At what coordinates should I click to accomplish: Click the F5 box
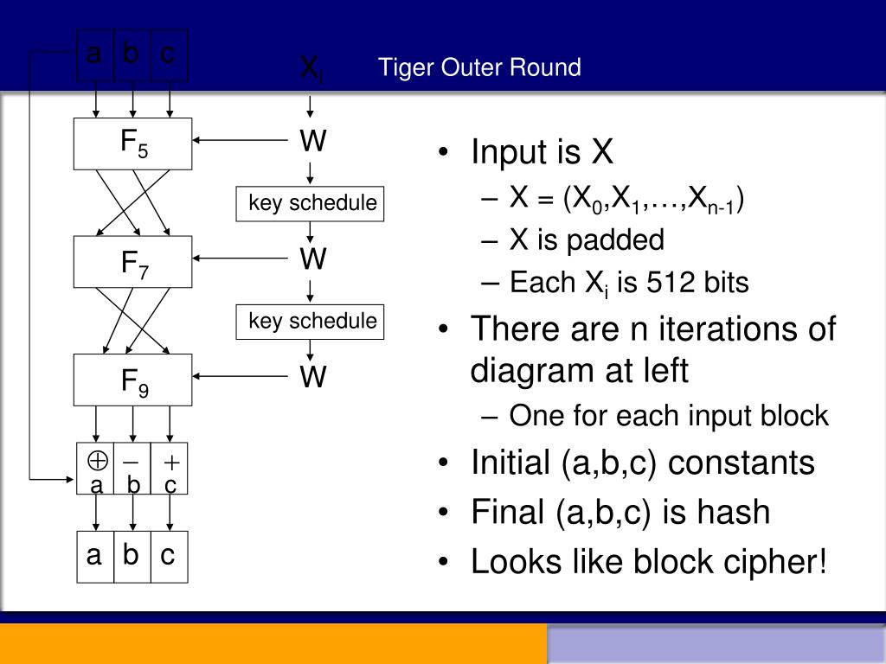click(x=132, y=144)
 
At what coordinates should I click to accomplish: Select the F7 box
click(x=132, y=262)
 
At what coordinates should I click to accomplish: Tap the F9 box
click(x=132, y=380)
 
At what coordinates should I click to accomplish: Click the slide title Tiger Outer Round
click(x=478, y=67)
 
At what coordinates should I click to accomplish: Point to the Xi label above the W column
click(x=311, y=69)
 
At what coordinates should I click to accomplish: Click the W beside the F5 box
click(x=312, y=142)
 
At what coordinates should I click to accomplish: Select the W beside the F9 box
click(x=312, y=378)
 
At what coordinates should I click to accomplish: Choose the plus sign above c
click(x=170, y=462)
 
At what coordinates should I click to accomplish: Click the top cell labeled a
click(x=94, y=54)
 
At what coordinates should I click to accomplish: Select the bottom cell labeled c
click(x=168, y=555)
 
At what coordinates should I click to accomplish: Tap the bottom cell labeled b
click(x=131, y=555)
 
